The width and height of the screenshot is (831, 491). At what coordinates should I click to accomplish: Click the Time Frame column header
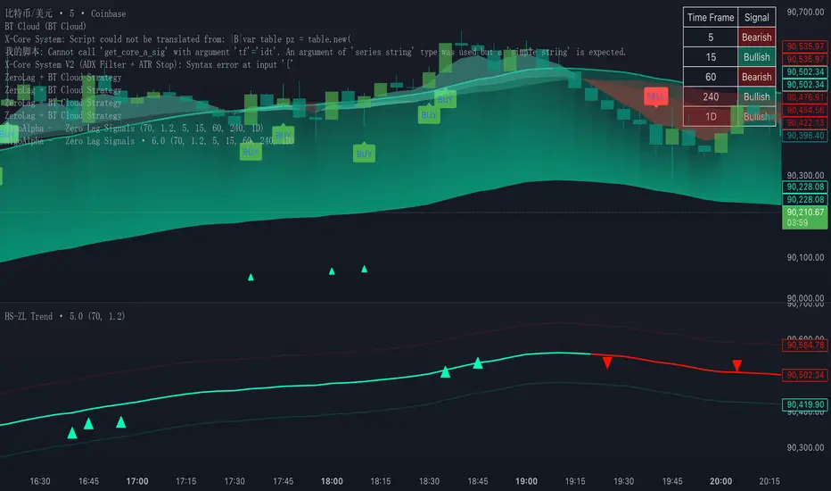711,18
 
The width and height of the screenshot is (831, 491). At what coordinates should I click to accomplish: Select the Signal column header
756,18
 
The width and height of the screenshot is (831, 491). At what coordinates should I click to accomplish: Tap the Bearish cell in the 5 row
756,37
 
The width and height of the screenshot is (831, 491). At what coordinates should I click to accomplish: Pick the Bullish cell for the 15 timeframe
756,57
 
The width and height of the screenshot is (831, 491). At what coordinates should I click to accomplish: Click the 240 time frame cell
711,96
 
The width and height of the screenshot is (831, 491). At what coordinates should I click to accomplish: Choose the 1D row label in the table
711,116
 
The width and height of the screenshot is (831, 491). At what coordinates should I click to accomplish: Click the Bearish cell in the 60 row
756,77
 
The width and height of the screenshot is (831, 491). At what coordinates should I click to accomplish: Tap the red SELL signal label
655,96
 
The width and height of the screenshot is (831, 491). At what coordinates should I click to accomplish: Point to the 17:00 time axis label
137,480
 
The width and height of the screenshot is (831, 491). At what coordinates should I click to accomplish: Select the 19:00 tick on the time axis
526,480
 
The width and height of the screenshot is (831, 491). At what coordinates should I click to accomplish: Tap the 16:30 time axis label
40,480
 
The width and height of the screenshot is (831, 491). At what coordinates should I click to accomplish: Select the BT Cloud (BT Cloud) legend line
44,26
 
